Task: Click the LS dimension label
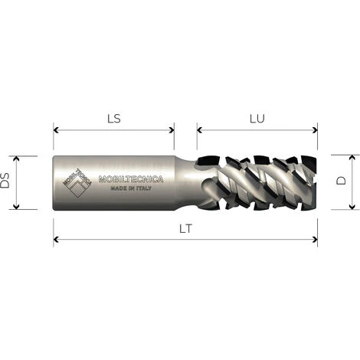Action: pyautogui.click(x=113, y=119)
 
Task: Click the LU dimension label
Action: pyautogui.click(x=257, y=119)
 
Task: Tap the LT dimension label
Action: pyautogui.click(x=185, y=229)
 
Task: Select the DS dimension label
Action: pyautogui.click(x=7, y=182)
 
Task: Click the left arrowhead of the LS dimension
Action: pyautogui.click(x=56, y=128)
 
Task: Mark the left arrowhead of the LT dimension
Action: pyautogui.click(x=56, y=239)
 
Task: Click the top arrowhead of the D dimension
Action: pyautogui.click(x=352, y=158)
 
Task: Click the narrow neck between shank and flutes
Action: pyautogui.click(x=186, y=182)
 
